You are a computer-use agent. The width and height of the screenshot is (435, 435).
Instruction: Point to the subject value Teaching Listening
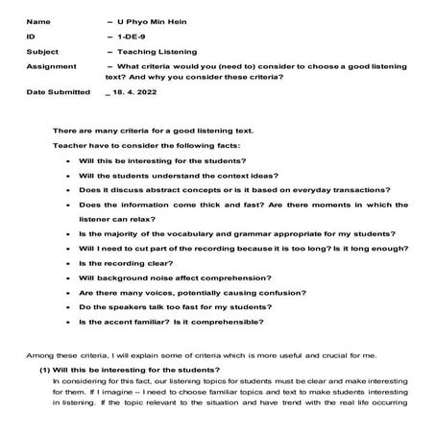tap(157, 52)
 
